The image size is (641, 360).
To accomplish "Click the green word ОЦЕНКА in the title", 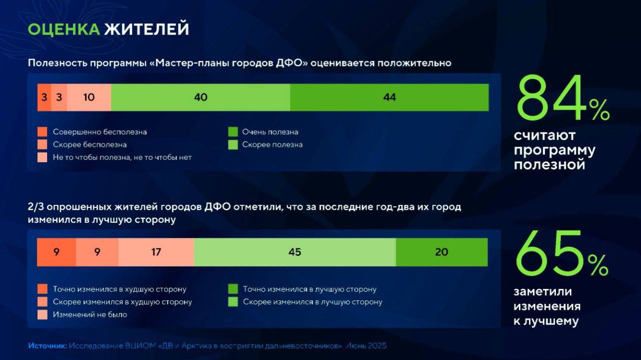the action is coord(64,29).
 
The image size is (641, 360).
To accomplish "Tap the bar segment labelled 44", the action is coord(390,97).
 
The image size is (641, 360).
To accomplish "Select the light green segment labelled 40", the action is coord(201,97).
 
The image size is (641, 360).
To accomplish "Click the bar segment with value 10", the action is coord(89,97).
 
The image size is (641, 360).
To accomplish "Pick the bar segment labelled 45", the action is coord(295,252).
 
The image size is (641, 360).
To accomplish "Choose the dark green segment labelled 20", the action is coord(442,252).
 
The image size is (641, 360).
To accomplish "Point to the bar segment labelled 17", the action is coord(156,252).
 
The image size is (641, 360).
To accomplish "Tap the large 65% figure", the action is coord(562,253).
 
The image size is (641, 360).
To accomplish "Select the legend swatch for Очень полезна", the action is coord(233,132).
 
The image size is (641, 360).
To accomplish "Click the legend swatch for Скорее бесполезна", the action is coord(43,145).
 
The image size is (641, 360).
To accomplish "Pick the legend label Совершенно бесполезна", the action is coord(100,132).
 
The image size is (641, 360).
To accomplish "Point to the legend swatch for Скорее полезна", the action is coord(233,145).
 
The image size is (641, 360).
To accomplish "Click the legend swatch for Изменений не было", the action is coord(43,314).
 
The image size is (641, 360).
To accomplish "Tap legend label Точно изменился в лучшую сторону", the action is coord(309,289).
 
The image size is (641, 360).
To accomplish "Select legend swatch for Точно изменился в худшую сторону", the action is coord(43,289).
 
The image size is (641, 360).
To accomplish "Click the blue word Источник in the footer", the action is coord(48,346).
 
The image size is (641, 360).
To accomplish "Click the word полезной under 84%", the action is coord(549,165).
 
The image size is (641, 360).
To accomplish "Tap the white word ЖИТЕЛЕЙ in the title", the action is coord(147,29).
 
